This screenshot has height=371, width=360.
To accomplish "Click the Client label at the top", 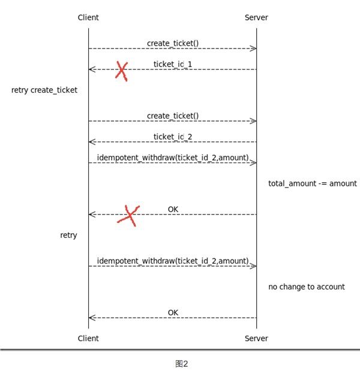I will click(88, 17).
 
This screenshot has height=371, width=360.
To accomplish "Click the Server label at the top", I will click(256, 17).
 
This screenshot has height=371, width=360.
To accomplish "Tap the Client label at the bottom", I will click(88, 339).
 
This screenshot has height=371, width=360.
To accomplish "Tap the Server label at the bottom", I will click(256, 339).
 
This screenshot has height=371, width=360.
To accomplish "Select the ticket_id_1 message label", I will click(173, 64).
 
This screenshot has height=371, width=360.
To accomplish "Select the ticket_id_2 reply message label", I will click(173, 137).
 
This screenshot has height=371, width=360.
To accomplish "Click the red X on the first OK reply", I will click(128, 215).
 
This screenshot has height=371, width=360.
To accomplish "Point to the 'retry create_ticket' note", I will click(44, 90).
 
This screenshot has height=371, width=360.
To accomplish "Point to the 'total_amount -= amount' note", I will click(312, 183).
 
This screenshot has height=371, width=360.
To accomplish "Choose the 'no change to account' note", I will click(306, 287).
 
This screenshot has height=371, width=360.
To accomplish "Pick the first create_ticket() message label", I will click(173, 43).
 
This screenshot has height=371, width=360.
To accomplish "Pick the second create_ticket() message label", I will click(173, 116).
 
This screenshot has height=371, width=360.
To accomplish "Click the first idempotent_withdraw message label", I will click(173, 158).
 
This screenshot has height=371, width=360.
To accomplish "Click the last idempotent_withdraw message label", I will click(173, 261).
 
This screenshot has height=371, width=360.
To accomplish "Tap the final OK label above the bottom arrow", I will click(173, 312).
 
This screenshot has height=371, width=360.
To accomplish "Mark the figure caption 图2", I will click(182, 363).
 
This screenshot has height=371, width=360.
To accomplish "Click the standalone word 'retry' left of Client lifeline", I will click(68, 236).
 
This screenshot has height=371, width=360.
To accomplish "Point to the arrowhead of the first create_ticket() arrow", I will click(254, 49).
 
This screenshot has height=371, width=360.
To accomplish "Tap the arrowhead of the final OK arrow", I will click(91, 318).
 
